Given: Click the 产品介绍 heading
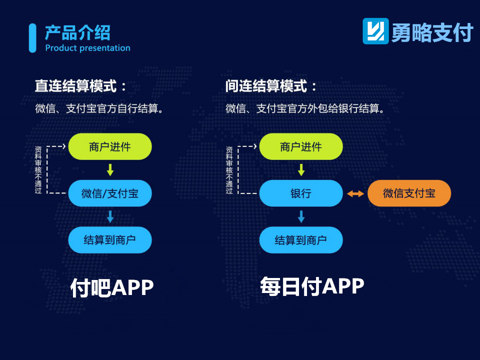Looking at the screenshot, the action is tap(77, 33).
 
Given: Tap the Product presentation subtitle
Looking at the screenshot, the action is tap(88, 48).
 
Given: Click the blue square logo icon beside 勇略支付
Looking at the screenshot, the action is tap(375, 31).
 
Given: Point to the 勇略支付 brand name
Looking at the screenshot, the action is tap(432, 32).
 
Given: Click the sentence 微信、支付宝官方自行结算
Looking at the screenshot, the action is tap(99, 108).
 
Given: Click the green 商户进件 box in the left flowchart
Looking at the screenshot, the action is tap(110, 146).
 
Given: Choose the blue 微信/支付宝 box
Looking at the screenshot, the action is tap(110, 193).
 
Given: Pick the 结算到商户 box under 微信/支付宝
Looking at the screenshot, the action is tap(110, 240).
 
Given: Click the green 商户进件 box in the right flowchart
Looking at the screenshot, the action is tap(301, 146).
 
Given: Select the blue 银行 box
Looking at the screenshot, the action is tap(301, 193).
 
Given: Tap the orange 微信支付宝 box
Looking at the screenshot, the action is tap(409, 193).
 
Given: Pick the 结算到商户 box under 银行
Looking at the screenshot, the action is tap(301, 240).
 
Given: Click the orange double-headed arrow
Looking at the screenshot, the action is tap(355, 193).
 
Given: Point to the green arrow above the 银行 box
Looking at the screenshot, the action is tap(301, 170).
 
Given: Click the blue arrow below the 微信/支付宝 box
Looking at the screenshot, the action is tap(110, 216).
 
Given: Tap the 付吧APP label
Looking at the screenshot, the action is tap(111, 287).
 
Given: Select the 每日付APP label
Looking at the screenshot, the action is tap(312, 286).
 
